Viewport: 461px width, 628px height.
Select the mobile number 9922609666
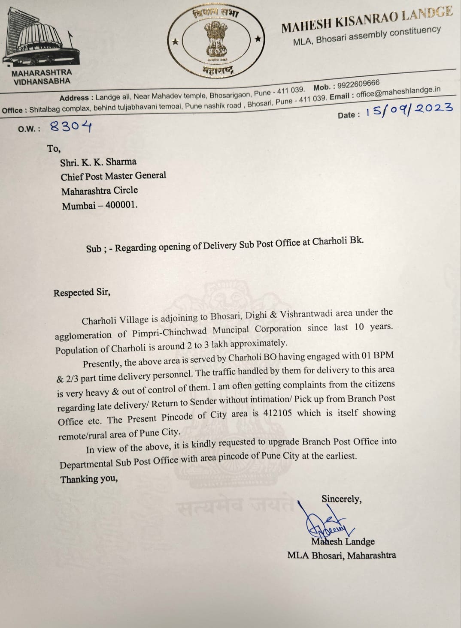tap(358, 84)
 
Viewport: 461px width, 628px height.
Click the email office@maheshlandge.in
tap(398, 92)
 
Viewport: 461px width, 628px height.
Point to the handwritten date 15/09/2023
tap(409, 110)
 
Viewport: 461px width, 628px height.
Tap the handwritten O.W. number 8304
tap(71, 126)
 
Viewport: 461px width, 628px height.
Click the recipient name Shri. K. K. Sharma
tap(98, 162)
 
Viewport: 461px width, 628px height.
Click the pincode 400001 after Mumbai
tap(121, 205)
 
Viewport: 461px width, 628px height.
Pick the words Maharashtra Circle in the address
tap(100, 191)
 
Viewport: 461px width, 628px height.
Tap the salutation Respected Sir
tap(82, 293)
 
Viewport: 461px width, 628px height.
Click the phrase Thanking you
tap(89, 479)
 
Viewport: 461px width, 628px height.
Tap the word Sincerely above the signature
tap(341, 499)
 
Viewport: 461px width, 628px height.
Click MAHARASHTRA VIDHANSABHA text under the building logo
tap(42, 77)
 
